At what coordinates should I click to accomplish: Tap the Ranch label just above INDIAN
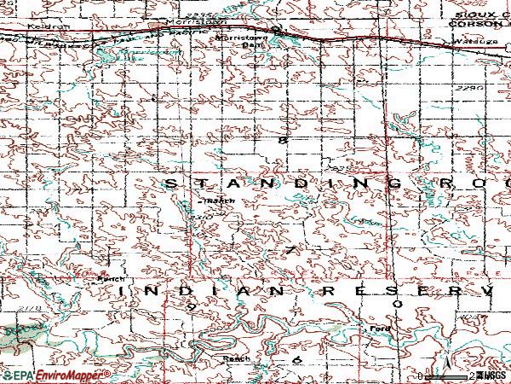point(110,279)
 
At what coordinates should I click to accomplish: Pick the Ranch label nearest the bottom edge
point(237,359)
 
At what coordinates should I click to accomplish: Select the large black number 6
point(297,361)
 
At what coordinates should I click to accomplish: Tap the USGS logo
point(493,375)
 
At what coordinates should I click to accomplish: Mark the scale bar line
point(446,375)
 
